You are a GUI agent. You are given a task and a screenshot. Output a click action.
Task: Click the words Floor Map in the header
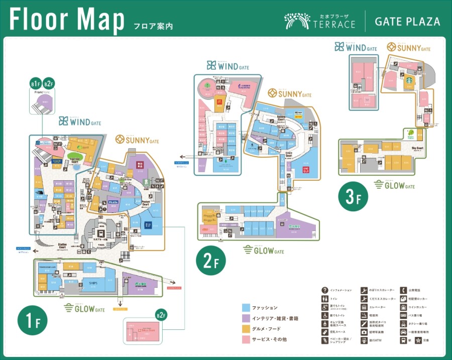[x=67, y=20]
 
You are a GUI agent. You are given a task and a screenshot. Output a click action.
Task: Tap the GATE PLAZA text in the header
[x=407, y=22]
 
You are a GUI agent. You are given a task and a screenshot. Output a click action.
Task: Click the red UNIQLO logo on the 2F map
[x=305, y=170]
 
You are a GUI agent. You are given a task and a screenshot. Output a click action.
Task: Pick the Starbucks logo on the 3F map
[x=409, y=79]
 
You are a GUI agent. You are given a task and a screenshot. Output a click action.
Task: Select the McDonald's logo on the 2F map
[x=219, y=100]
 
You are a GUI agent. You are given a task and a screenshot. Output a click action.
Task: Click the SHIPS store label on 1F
[x=93, y=283]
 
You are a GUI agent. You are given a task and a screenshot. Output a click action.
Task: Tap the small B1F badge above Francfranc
[x=35, y=84]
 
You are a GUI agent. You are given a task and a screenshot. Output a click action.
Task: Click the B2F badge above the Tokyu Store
[x=161, y=315]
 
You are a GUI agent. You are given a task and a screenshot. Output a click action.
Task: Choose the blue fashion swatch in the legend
[x=246, y=307]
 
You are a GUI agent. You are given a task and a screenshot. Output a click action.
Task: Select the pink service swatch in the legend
[x=246, y=339]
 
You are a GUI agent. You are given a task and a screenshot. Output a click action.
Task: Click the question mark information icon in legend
[x=325, y=290]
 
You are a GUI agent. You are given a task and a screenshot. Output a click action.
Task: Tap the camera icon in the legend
[x=364, y=332]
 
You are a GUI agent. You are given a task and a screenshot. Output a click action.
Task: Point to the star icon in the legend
[x=417, y=340]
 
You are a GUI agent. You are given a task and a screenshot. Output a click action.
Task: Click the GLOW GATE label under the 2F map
[x=264, y=250]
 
